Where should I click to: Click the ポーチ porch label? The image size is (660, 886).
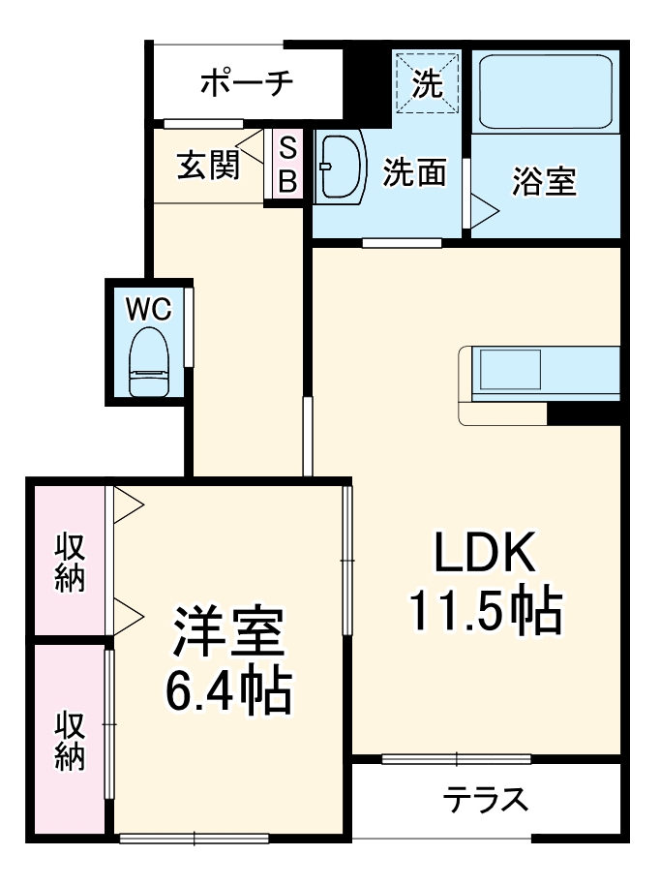click(246, 84)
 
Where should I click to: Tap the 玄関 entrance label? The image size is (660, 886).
click(207, 166)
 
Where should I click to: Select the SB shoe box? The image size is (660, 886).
click(287, 165)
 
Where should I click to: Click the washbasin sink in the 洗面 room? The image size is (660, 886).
click(339, 167)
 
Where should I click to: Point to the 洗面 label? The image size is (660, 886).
click(414, 172)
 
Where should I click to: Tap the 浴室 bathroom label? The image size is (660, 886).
click(544, 181)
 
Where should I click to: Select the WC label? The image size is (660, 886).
click(149, 310)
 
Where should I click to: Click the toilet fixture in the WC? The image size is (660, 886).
click(149, 362)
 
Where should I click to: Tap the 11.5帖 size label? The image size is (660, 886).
click(485, 610)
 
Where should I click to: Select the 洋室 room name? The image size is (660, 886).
click(228, 634)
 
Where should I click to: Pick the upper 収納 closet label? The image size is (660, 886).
click(69, 562)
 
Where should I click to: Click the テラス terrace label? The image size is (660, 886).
click(486, 800)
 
